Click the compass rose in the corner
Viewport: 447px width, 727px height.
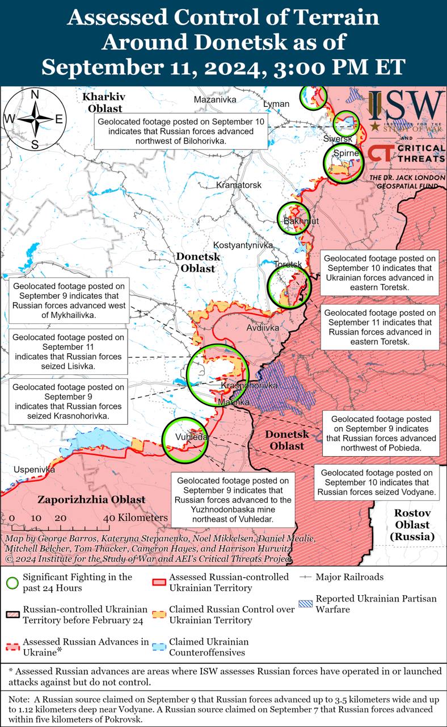(x=35, y=119)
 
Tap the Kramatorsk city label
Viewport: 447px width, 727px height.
(x=239, y=185)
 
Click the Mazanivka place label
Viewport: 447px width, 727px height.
(x=215, y=100)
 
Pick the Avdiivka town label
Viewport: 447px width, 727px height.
(x=263, y=328)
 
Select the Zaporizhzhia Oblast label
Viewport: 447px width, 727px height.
(x=91, y=500)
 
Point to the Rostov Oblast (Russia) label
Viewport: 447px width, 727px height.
(x=412, y=524)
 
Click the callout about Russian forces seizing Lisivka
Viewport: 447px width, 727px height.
(x=68, y=352)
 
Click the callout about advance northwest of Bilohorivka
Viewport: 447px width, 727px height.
(x=181, y=131)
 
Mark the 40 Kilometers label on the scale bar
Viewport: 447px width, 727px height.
(x=136, y=517)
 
